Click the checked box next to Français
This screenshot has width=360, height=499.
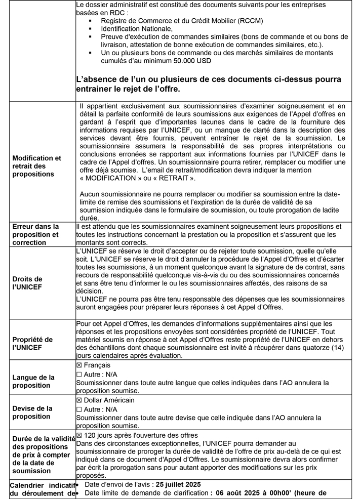click(x=79, y=365)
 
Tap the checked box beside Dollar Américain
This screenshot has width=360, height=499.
click(x=79, y=400)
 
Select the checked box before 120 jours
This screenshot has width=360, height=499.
click(x=79, y=435)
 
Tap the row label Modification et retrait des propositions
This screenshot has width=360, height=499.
click(x=36, y=166)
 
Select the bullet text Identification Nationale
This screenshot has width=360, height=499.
click(x=137, y=29)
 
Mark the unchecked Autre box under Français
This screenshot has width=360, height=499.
click(x=78, y=375)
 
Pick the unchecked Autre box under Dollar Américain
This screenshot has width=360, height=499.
click(x=78, y=409)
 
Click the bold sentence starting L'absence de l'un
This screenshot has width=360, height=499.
click(x=208, y=84)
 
